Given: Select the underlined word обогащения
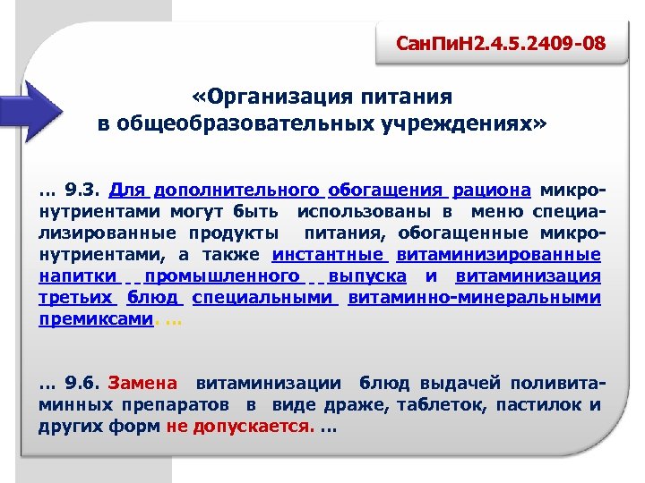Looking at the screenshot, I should click(x=386, y=190).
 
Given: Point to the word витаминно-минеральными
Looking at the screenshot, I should click(x=474, y=298).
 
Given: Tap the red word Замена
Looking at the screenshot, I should click(x=142, y=384).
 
